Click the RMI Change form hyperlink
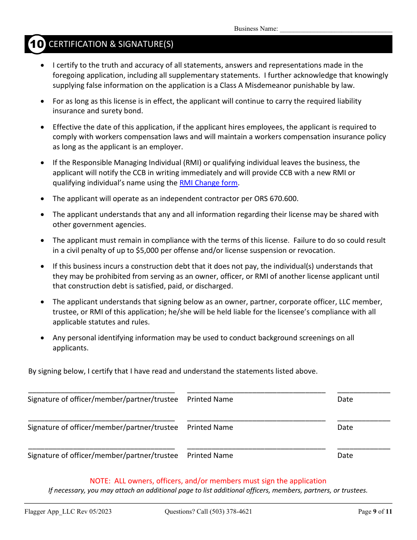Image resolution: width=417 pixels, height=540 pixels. [x=208, y=183]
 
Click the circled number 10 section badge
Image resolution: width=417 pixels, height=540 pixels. [x=37, y=44]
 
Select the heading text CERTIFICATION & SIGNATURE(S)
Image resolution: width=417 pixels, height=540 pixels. [x=111, y=44]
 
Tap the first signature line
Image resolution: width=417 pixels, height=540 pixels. [x=101, y=391]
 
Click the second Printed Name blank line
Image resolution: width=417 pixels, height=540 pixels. [x=256, y=419]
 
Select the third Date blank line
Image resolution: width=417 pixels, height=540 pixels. [x=363, y=447]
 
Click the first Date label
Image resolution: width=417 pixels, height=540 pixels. [x=345, y=400]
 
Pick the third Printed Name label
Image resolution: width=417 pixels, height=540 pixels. [x=210, y=456]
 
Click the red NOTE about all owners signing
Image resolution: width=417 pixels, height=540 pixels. [x=208, y=481]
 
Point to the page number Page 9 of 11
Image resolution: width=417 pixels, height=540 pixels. [x=375, y=511]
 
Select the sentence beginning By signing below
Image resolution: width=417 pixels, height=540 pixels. [x=173, y=371]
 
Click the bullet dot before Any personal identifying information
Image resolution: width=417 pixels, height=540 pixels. [x=42, y=338]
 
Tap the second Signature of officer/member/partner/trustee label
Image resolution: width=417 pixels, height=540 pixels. [x=103, y=428]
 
